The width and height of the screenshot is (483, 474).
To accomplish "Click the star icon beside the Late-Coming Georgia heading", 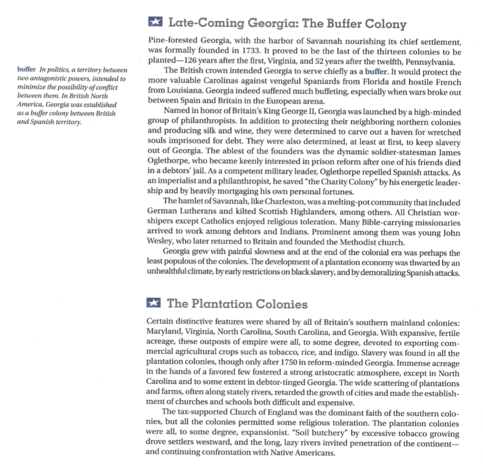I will coord(154,23).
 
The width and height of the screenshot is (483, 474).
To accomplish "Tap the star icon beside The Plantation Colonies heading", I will coord(154,303).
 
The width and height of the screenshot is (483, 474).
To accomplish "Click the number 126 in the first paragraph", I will coord(192,61).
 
